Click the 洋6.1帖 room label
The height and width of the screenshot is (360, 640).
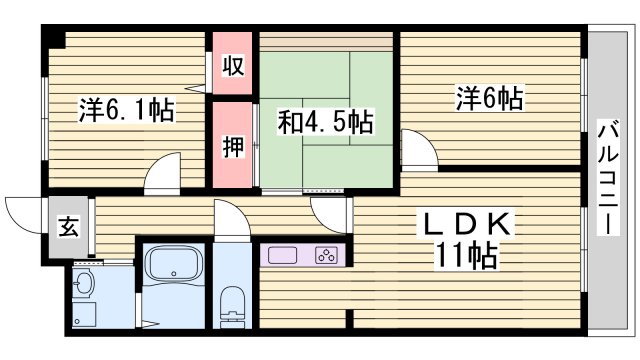coord(126,110)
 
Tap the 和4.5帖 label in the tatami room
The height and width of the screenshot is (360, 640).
coord(325,123)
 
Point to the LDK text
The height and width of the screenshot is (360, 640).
coord(468,223)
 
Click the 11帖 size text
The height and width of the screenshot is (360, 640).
coord(466,256)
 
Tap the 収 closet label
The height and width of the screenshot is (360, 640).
coord(232,67)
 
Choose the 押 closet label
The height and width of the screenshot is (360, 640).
coord(232,146)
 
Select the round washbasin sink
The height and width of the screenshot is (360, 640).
coord(84,283)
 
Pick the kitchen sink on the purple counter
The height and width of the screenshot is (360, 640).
coord(281,254)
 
